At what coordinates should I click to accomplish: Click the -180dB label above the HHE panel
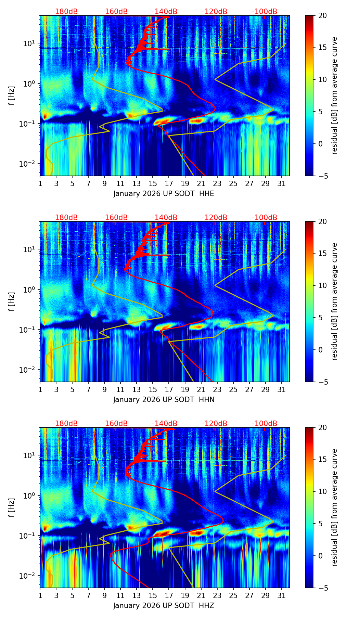tap(65, 12)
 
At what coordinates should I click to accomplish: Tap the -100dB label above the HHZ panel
tap(265, 424)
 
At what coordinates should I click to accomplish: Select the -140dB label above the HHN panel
tap(165, 218)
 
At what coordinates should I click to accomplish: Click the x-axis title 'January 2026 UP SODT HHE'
tap(164, 194)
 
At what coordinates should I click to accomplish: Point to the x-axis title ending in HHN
tap(164, 400)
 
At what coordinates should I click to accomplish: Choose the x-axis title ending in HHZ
tap(164, 606)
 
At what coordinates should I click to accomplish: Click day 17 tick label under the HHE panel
tap(169, 183)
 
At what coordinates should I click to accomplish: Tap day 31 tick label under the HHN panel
tap(281, 389)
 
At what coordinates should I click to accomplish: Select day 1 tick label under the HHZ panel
tap(40, 595)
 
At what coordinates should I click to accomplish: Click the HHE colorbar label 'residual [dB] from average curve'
tap(334, 95)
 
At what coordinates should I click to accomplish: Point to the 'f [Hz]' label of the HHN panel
tap(12, 301)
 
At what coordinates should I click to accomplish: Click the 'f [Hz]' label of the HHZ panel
tap(12, 507)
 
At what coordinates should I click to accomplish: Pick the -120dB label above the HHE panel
tap(215, 12)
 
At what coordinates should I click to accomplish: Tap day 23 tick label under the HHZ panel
tap(217, 595)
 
